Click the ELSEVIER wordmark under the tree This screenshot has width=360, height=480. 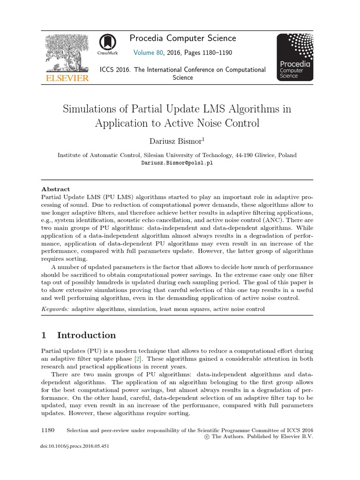click(66, 78)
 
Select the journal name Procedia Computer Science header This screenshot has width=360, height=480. click(183, 38)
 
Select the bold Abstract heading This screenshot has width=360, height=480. click(56, 189)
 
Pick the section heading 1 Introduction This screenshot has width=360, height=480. click(79, 335)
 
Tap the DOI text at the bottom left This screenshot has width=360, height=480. click(75, 446)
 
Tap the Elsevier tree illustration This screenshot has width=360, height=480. click(66, 53)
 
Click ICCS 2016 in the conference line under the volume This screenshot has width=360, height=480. click(115, 69)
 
